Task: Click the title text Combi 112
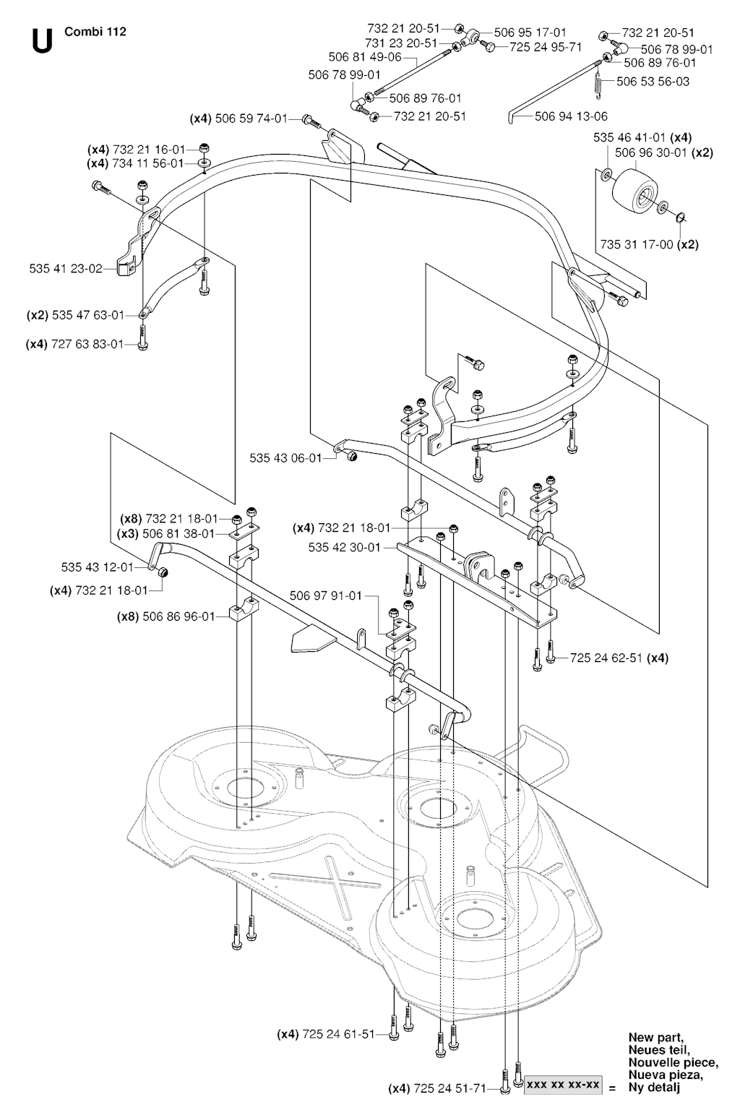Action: coord(95,32)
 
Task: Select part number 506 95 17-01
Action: coord(530,33)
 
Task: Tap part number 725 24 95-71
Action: coord(546,47)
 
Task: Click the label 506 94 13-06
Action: coord(571,116)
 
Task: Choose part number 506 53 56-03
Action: coord(653,81)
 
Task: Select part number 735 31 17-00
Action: coord(636,244)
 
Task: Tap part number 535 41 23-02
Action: coord(66,268)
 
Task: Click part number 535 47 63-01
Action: coord(88,315)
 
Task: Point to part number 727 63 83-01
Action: coord(87,344)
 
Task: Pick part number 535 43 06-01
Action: coord(285,457)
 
